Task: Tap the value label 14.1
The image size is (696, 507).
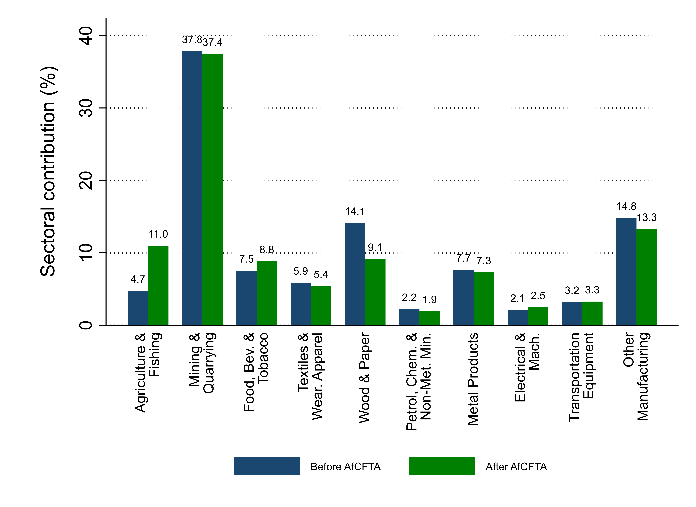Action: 355,211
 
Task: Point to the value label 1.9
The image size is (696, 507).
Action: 430,300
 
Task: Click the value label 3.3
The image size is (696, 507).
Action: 592,290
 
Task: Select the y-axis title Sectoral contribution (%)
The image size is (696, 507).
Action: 49,171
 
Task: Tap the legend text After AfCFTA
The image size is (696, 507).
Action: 516,466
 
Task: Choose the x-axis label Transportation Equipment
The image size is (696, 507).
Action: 581,377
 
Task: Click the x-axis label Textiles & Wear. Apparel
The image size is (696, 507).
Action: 310,376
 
